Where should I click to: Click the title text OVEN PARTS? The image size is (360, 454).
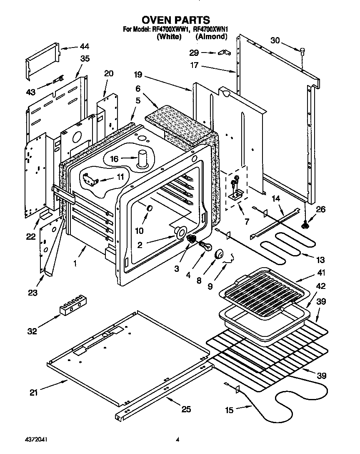click(x=175, y=20)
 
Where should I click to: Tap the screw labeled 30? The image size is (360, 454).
click(x=302, y=51)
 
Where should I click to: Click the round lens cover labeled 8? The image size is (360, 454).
click(x=220, y=254)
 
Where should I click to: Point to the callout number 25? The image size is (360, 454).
click(x=186, y=409)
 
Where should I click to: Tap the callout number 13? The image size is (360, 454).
click(x=320, y=261)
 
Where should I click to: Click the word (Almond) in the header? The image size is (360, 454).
click(x=212, y=37)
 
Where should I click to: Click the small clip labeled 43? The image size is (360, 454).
click(x=58, y=80)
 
